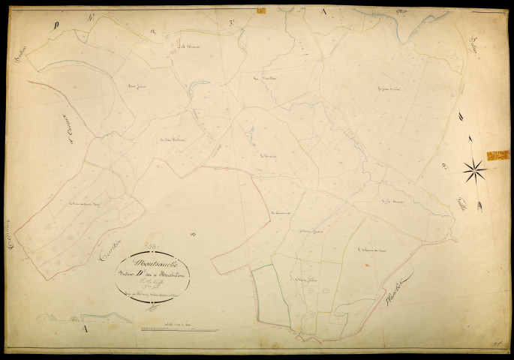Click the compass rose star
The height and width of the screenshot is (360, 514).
click(474, 171)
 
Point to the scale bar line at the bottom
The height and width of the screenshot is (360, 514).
click(170, 329)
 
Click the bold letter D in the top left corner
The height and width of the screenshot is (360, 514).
click(56, 25)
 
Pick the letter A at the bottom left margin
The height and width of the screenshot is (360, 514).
click(86, 328)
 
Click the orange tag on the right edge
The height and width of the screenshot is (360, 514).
click(497, 155)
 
